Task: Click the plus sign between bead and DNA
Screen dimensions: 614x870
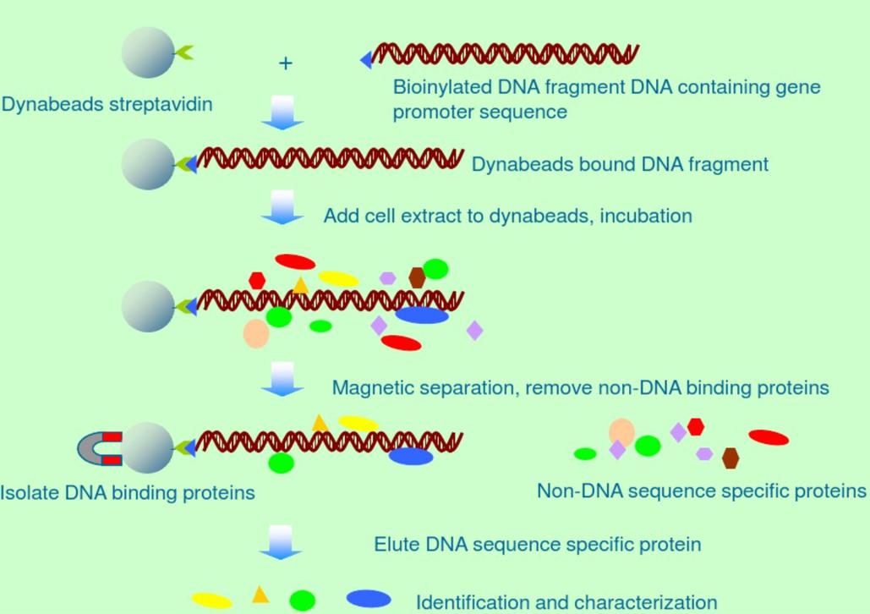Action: [286, 63]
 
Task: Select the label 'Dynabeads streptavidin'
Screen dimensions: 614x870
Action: [107, 105]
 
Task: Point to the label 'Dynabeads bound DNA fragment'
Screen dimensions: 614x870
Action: [620, 164]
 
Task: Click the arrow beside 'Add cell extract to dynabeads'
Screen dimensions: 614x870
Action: [282, 207]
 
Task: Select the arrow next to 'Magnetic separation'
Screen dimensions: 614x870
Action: [282, 379]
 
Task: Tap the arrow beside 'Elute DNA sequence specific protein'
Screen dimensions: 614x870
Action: [281, 542]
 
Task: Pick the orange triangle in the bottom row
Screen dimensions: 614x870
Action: [260, 595]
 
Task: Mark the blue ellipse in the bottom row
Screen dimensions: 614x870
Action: [369, 599]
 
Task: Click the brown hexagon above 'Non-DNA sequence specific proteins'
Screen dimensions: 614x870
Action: [730, 458]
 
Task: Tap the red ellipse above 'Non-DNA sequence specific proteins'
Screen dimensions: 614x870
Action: [769, 437]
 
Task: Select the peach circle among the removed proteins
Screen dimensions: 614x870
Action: [622, 431]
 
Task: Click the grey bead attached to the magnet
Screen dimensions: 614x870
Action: [148, 445]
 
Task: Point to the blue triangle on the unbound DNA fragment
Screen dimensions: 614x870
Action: [366, 59]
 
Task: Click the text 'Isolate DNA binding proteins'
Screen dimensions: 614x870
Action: [128, 492]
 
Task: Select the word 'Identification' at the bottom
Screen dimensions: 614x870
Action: [467, 602]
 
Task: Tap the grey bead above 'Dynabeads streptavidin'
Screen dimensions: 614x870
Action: [148, 52]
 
